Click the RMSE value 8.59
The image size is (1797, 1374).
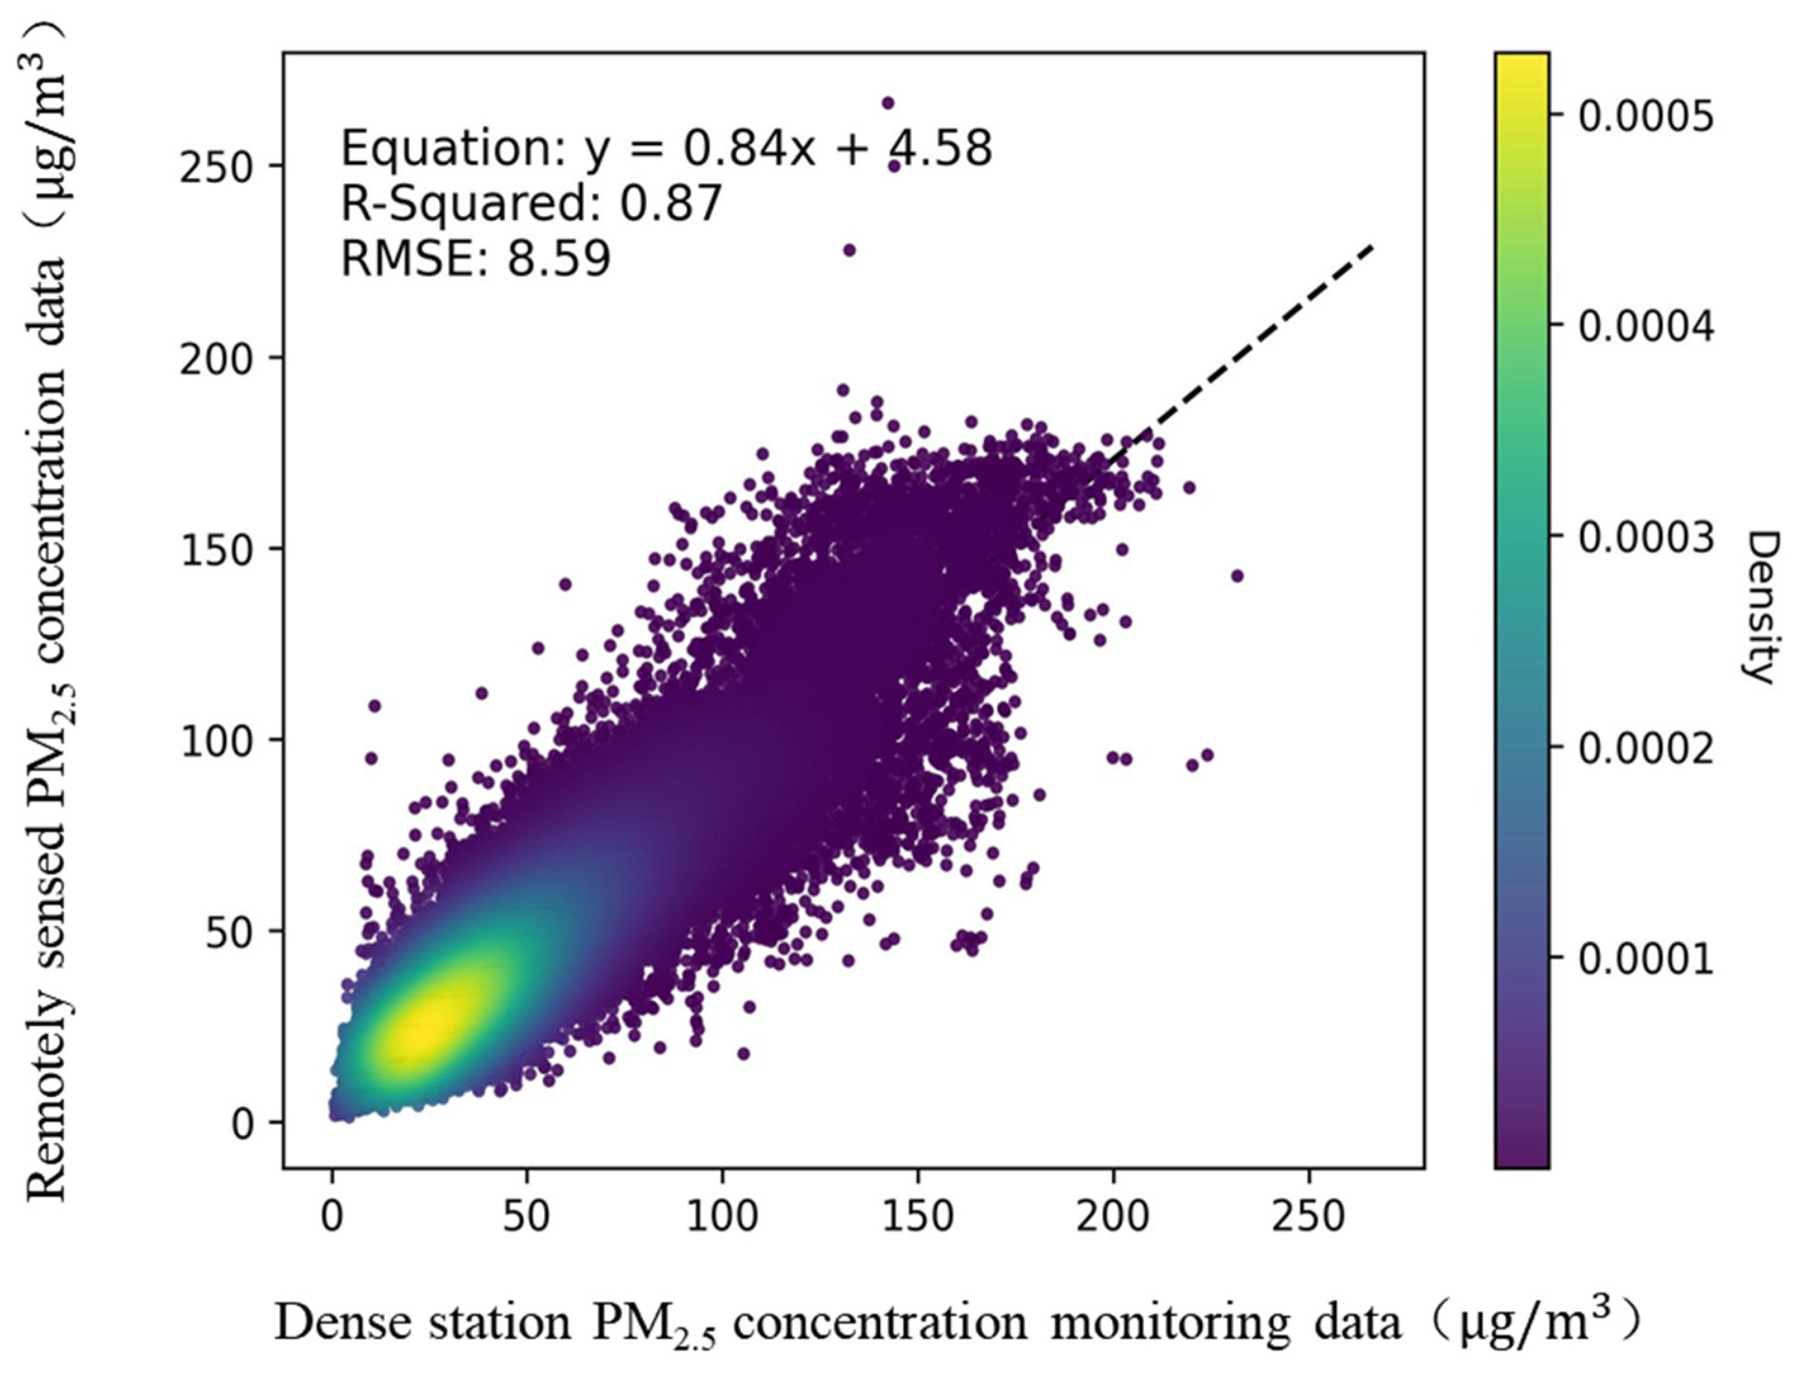point(558,259)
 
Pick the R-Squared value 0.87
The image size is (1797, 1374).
point(670,203)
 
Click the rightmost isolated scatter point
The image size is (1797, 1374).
point(1236,575)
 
